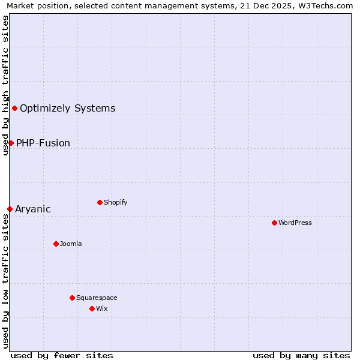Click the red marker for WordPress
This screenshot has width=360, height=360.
pos(274,223)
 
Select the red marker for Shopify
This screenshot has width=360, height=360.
pos(100,202)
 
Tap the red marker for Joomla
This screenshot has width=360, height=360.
pos(56,244)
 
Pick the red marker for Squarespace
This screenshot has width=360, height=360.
pos(72,298)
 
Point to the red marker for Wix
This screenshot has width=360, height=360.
pos(92,308)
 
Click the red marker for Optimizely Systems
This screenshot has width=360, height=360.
pos(14,108)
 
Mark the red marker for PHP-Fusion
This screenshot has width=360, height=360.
pos(11,143)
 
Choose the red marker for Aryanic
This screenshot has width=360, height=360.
pos(10,209)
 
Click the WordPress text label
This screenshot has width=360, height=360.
pos(295,223)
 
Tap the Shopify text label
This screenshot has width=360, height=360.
pos(116,202)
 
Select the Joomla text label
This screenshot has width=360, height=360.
pos(71,244)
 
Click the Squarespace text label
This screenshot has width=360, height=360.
pos(97,298)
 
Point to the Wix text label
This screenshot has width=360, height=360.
pos(101,308)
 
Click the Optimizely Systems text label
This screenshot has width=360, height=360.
pos(68,109)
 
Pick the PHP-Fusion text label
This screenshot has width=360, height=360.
pos(43,143)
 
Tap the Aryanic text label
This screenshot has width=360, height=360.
pos(33,209)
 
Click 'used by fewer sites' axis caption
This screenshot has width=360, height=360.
pos(62,355)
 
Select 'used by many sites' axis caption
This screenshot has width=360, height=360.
pos(301,355)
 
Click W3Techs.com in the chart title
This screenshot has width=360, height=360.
pos(328,6)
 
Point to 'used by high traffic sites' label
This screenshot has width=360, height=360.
pos(6,85)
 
